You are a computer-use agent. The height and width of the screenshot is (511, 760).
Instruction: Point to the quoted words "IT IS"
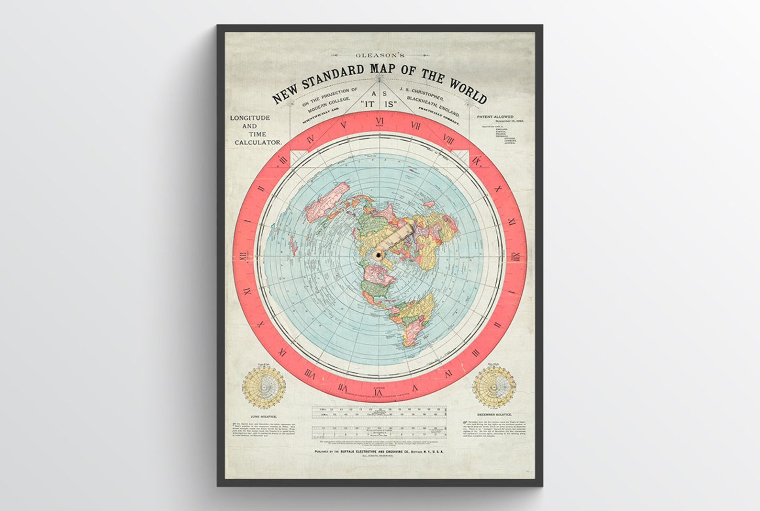tap(380, 115)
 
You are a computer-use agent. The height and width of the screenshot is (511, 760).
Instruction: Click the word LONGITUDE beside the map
tap(250, 118)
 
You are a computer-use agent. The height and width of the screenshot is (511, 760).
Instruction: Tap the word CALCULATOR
tap(257, 143)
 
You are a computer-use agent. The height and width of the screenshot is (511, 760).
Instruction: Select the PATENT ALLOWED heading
tap(495, 117)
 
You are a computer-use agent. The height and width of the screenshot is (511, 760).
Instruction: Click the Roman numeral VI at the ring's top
tap(380, 121)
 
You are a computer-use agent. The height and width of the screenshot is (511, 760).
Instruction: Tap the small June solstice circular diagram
tap(264, 387)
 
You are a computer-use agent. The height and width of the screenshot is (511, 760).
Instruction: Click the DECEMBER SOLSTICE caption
tap(494, 414)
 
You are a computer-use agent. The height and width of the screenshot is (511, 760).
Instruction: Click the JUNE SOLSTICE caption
tap(263, 417)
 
